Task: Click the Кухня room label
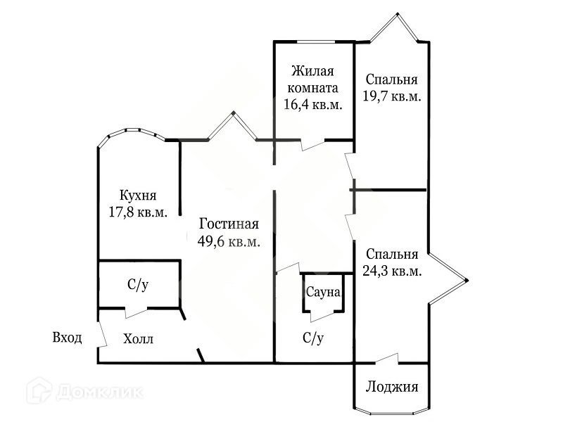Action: click(x=137, y=196)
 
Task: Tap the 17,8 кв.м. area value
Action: click(x=137, y=212)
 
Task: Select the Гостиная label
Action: click(x=229, y=224)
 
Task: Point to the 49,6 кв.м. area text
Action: click(x=229, y=241)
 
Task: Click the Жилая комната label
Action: click(x=313, y=80)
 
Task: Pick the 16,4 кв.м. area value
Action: click(x=313, y=105)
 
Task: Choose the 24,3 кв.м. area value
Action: click(x=392, y=271)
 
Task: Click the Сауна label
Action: click(x=323, y=291)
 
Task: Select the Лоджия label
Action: click(x=392, y=387)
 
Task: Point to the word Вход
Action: click(x=68, y=338)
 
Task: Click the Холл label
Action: click(x=139, y=339)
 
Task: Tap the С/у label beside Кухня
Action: click(x=138, y=285)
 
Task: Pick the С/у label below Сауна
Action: click(x=313, y=338)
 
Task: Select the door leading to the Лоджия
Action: click(x=387, y=361)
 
